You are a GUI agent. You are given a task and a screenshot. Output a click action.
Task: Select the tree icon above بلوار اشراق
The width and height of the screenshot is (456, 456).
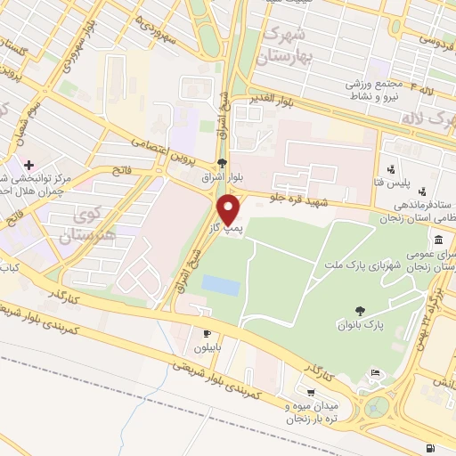tap(222, 163)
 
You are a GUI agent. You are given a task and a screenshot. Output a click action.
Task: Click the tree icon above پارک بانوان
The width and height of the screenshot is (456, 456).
tap(360, 311)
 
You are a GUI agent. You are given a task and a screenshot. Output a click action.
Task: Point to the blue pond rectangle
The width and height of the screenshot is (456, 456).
tap(221, 286)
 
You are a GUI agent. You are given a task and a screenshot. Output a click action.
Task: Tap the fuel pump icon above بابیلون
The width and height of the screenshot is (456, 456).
tap(208, 334)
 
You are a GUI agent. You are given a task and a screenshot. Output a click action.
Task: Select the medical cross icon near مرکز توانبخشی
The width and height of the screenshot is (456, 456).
tap(29, 165)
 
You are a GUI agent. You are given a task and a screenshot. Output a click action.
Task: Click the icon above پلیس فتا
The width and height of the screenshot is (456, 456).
tap(389, 168)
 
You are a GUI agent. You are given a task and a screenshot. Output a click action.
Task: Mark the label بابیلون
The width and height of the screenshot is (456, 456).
tap(208, 348)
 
